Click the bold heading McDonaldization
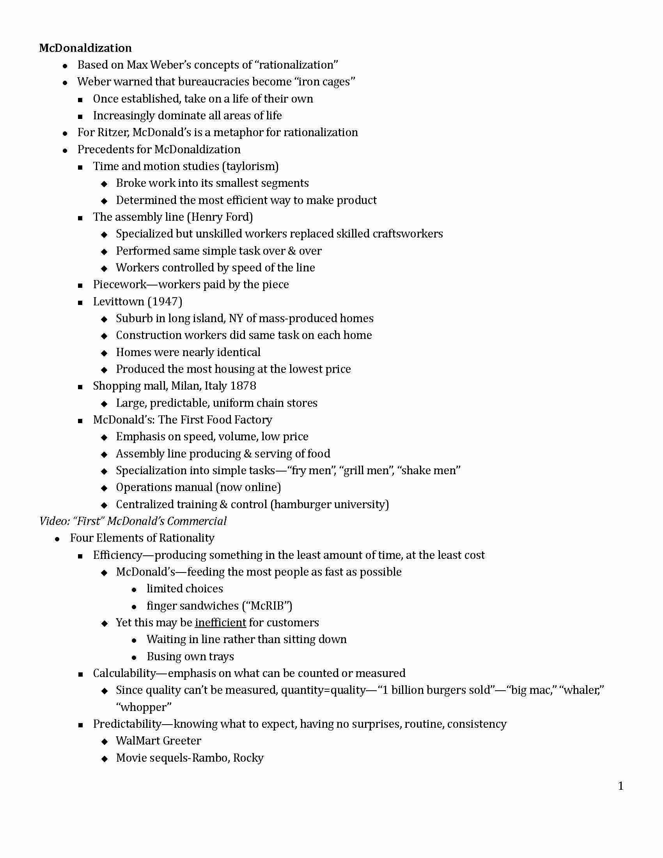click(x=85, y=48)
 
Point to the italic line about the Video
click(x=133, y=521)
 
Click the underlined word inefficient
click(x=220, y=623)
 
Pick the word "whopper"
click(x=144, y=707)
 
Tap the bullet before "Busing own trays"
click(x=134, y=657)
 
